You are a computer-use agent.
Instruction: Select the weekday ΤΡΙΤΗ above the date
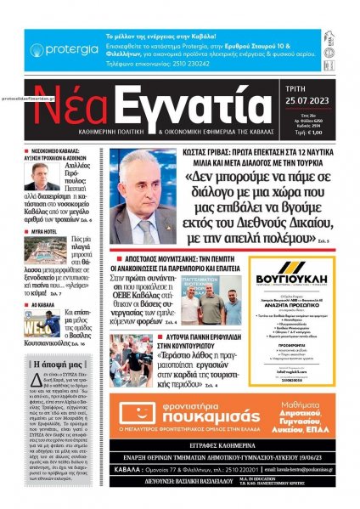pyautogui.click(x=312, y=94)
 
